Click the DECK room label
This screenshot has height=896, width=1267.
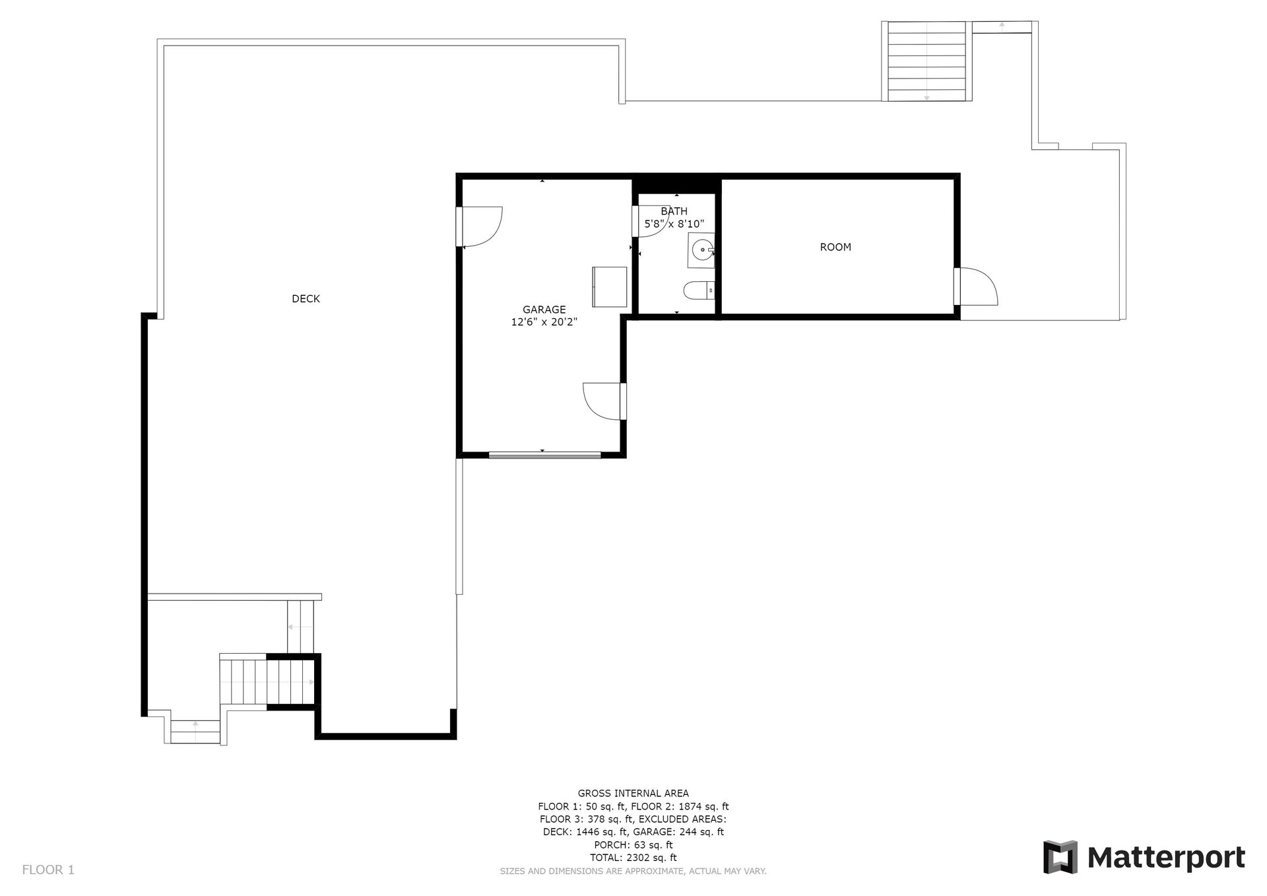point(306,299)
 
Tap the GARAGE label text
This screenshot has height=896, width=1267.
point(544,310)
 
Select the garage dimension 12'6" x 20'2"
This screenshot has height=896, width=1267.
point(544,322)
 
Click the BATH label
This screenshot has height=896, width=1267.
point(674,211)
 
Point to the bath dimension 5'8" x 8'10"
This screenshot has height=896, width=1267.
point(674,224)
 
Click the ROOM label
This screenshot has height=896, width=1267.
point(835,247)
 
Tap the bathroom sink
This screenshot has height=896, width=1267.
point(701,250)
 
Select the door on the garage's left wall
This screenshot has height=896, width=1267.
point(480,226)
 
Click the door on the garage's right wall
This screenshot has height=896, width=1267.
point(603,401)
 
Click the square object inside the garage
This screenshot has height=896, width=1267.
point(609,287)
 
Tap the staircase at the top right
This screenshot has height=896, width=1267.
point(926,61)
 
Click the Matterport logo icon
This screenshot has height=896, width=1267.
point(1060,857)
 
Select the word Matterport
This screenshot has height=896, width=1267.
point(1166,858)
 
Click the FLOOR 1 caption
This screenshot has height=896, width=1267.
point(48,870)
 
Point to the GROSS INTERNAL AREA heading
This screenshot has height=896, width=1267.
point(633,794)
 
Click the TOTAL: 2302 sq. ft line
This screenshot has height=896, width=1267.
point(633,858)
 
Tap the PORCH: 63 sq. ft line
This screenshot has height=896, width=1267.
point(633,845)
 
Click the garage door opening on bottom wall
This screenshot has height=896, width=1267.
point(544,454)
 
